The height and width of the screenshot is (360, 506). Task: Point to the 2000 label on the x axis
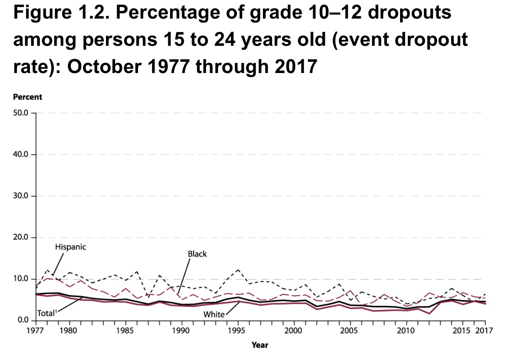[x=294, y=331]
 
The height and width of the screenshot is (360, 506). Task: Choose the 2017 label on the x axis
[x=485, y=331]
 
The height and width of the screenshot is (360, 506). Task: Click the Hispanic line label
[x=70, y=247]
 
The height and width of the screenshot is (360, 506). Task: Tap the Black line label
[x=197, y=254]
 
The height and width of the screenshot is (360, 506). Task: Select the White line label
[x=214, y=314]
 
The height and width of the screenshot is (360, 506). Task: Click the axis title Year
[x=260, y=345]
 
